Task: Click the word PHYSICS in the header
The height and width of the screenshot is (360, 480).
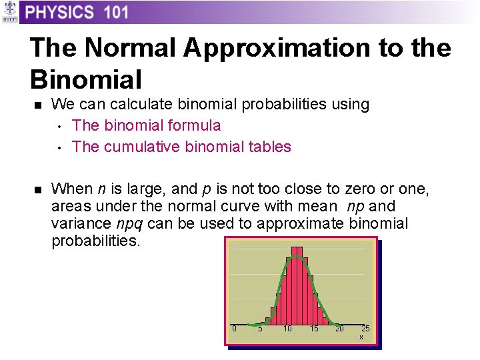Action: [60, 12]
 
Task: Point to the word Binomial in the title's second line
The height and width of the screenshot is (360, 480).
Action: [86, 80]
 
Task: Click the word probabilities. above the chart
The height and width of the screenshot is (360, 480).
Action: [96, 241]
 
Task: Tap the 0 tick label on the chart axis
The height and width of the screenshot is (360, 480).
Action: [234, 329]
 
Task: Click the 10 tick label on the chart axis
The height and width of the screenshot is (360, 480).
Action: [287, 329]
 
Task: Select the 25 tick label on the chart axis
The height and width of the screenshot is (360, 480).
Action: [365, 329]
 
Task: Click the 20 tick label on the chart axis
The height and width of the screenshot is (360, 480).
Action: [339, 329]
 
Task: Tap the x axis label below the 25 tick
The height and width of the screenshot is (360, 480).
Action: [361, 337]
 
